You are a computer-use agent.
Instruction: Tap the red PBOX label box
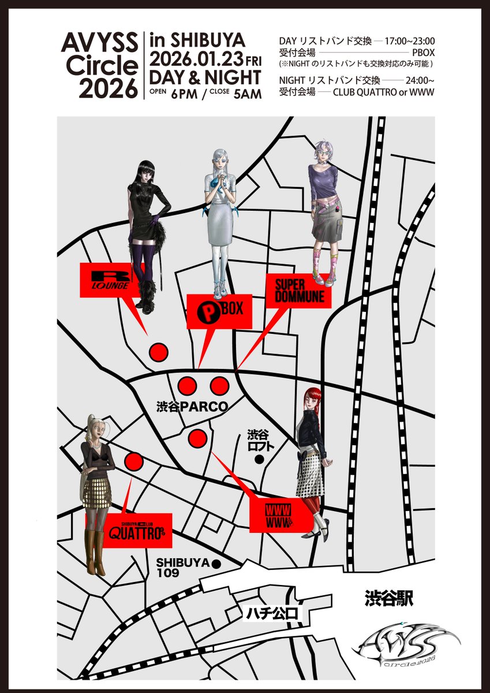[219, 311]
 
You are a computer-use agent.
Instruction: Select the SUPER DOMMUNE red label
[298, 290]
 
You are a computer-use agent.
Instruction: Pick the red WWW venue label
[279, 514]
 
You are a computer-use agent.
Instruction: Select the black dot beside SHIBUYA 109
[216, 564]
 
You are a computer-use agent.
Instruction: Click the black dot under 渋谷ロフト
[259, 460]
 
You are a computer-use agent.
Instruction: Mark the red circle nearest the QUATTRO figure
[133, 461]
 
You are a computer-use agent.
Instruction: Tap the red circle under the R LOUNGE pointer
[158, 351]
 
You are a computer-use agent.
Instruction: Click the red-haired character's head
[312, 399]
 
